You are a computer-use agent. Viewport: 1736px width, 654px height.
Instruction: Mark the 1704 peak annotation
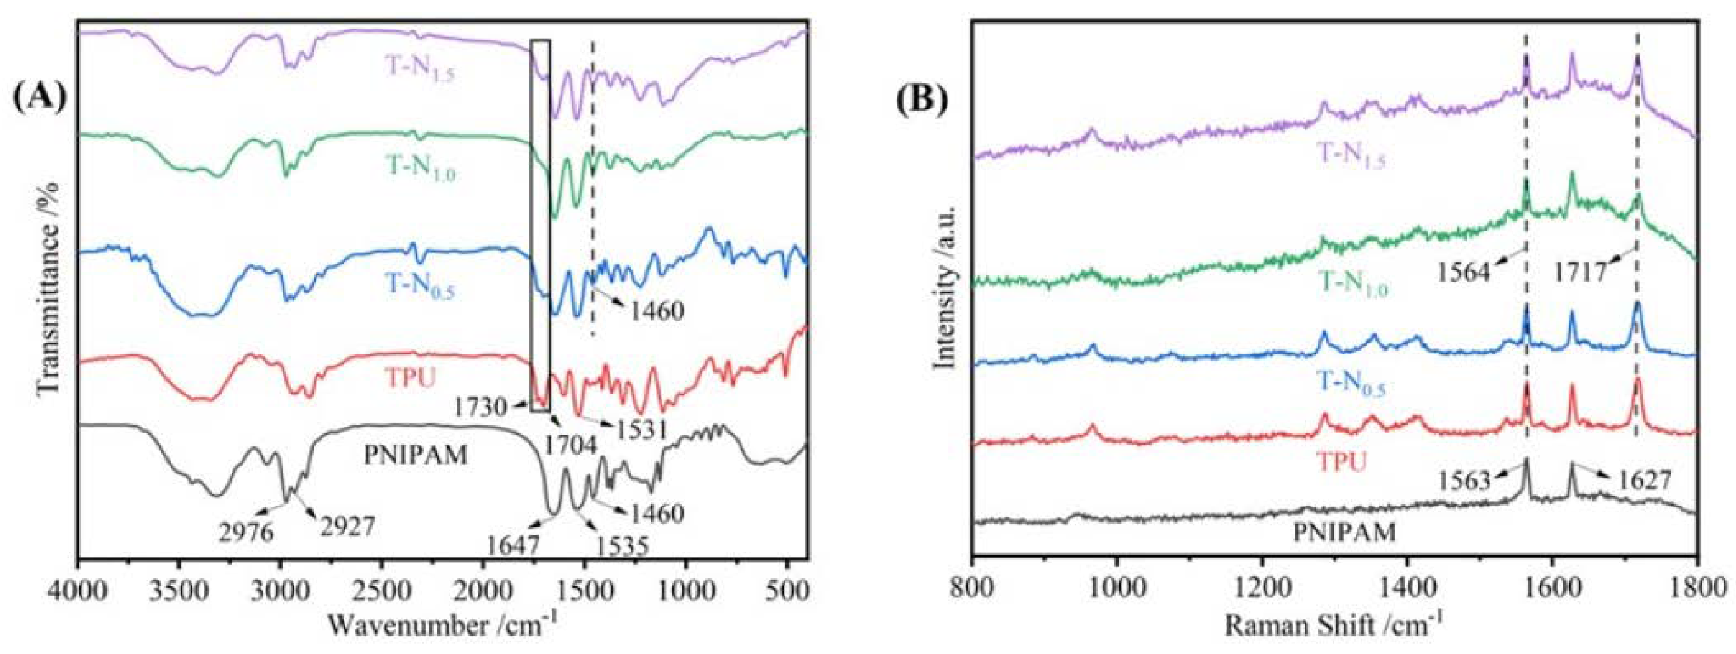[571, 445]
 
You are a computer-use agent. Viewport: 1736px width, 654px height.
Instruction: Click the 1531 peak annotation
[639, 429]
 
